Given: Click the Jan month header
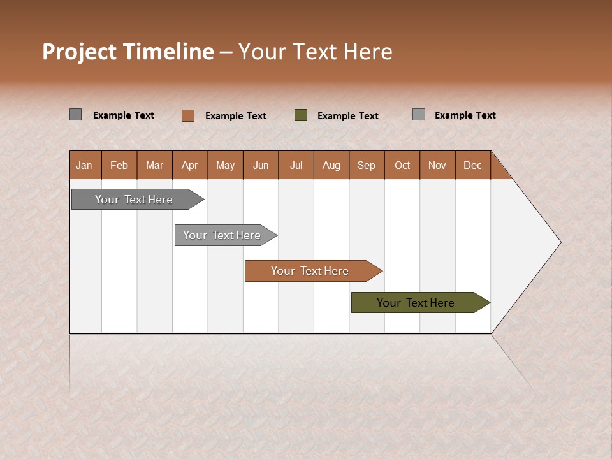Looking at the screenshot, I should pos(85,165).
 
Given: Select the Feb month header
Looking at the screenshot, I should pos(119,165).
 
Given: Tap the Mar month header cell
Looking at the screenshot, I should pos(154,165).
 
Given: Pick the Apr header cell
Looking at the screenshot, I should pos(190,165).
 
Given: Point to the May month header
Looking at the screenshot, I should pos(225,165).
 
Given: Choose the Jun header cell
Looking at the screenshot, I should pos(261,165).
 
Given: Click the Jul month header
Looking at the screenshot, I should pos(296,165).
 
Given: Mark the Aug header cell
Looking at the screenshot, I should pos(331,165).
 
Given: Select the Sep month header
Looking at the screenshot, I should pos(367,165).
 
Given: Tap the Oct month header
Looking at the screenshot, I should pos(402,165).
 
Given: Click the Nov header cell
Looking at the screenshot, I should pos(437,165).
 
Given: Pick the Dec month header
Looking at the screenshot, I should pos(473,165).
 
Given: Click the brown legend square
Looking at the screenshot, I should pos(188,115).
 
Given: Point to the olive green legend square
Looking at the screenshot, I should pos(301,115).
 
